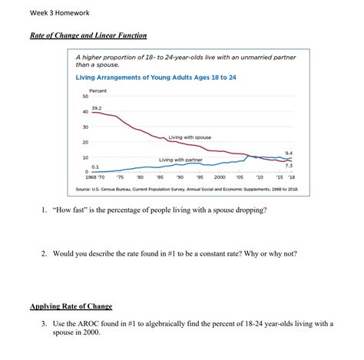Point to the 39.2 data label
click(x=96, y=108)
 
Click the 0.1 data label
click(x=95, y=165)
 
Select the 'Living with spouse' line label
click(x=190, y=137)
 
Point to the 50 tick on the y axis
click(x=84, y=97)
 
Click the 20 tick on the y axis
click(x=84, y=143)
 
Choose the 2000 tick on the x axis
click(x=219, y=177)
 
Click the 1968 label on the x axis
click(x=84, y=177)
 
